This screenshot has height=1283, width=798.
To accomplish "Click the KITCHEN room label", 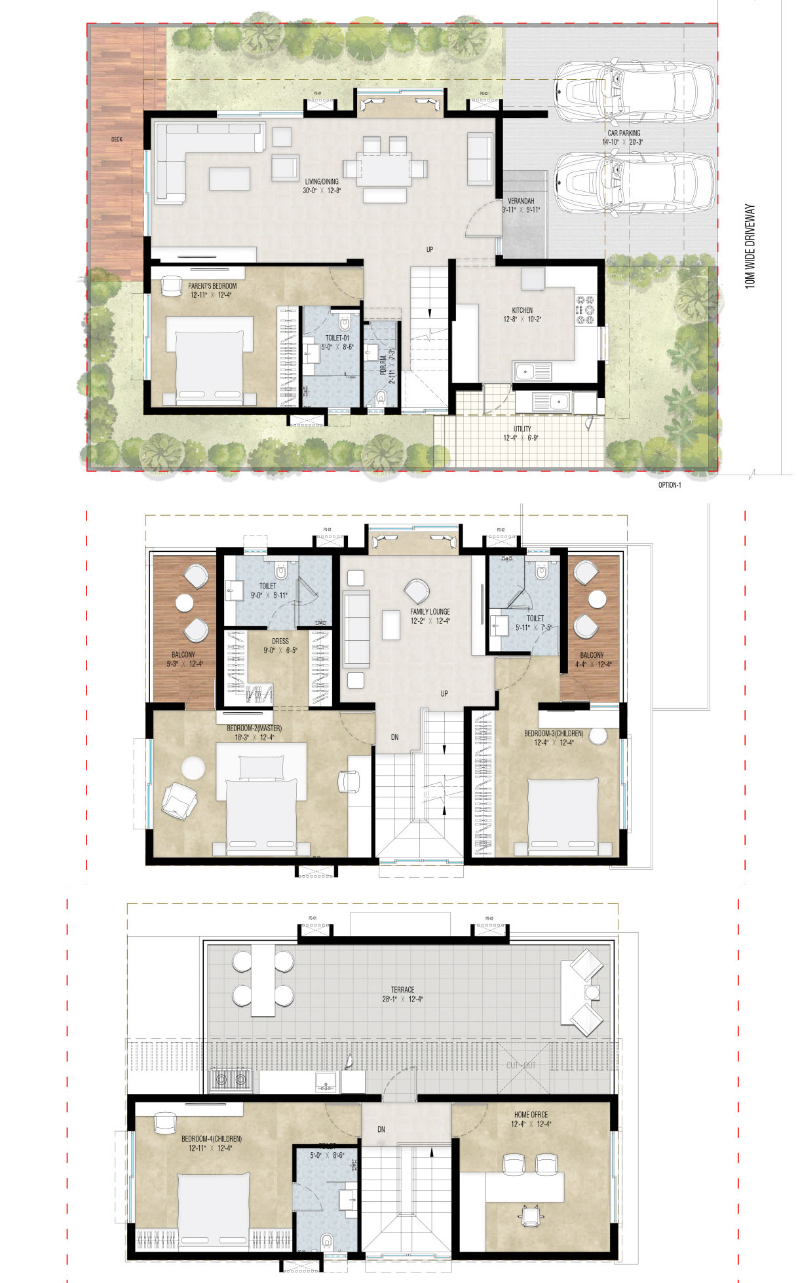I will [522, 310].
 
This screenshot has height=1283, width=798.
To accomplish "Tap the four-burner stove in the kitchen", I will [584, 310].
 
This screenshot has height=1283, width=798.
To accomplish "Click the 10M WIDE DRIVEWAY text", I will [751, 246].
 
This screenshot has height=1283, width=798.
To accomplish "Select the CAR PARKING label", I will [623, 133].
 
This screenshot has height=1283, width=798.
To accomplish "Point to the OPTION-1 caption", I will [670, 485].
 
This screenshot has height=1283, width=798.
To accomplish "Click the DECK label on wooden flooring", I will [117, 139].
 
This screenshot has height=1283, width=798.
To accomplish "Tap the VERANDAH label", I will [520, 201].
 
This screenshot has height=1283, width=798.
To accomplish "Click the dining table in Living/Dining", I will [385, 169].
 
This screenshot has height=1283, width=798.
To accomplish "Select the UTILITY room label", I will [522, 429].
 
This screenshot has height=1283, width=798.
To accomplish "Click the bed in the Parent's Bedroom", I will [210, 360].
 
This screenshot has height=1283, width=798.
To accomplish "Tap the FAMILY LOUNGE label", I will [430, 611].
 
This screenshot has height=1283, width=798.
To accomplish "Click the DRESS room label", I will [280, 641].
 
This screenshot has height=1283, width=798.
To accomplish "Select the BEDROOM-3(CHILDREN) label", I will [553, 733].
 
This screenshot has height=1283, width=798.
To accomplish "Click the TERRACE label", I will [402, 990].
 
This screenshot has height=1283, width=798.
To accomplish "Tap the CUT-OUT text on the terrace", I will [521, 1066].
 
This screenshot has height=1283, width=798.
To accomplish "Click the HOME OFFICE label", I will [531, 1115].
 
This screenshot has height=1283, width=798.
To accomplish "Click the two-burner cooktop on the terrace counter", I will [231, 1079].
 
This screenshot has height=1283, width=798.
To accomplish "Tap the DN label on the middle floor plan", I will [394, 737].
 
